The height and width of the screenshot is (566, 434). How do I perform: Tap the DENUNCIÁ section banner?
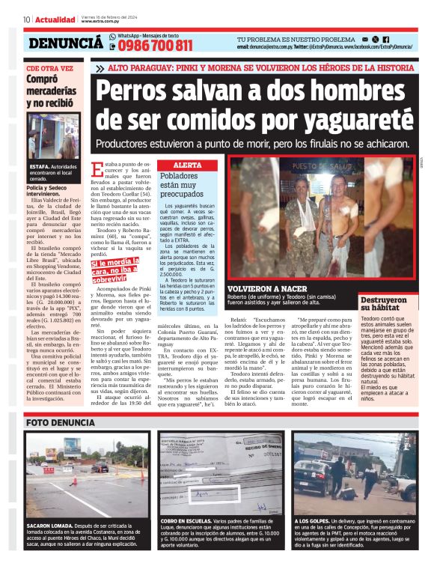point(65,43)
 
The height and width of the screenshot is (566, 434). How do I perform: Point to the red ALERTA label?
point(187,164)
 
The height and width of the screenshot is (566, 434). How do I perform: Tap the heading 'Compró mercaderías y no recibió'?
point(52,88)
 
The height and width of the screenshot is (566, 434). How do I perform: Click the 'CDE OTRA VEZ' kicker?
point(50,67)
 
